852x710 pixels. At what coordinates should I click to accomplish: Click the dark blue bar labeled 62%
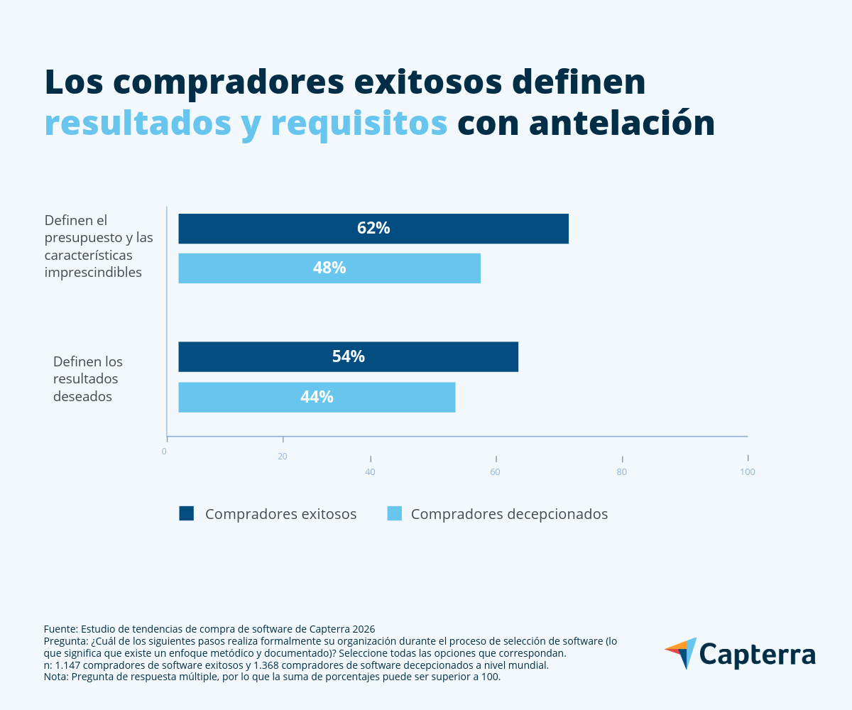click(373, 229)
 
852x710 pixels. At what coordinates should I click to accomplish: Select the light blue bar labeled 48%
click(329, 268)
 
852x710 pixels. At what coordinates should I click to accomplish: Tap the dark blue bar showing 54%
click(348, 356)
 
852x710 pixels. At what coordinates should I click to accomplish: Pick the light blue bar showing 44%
click(317, 397)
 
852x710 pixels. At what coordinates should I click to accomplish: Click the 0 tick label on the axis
click(164, 452)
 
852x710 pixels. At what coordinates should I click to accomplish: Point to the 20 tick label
click(283, 457)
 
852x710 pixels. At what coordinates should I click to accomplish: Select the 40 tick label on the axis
click(370, 472)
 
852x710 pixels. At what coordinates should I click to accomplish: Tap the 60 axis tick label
click(496, 472)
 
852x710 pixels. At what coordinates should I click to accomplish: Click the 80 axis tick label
click(622, 472)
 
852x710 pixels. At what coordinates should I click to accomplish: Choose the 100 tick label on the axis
click(748, 472)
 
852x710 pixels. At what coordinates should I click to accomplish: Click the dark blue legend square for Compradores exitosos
click(187, 513)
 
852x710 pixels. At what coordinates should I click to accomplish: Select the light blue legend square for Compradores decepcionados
click(395, 513)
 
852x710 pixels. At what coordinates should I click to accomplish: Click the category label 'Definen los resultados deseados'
click(88, 379)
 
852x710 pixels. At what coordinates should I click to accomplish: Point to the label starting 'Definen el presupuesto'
click(99, 246)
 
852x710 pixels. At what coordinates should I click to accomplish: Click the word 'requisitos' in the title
click(359, 123)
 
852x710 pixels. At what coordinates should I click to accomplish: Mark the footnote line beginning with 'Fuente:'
click(209, 629)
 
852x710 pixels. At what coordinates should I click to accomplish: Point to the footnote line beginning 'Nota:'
click(272, 677)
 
